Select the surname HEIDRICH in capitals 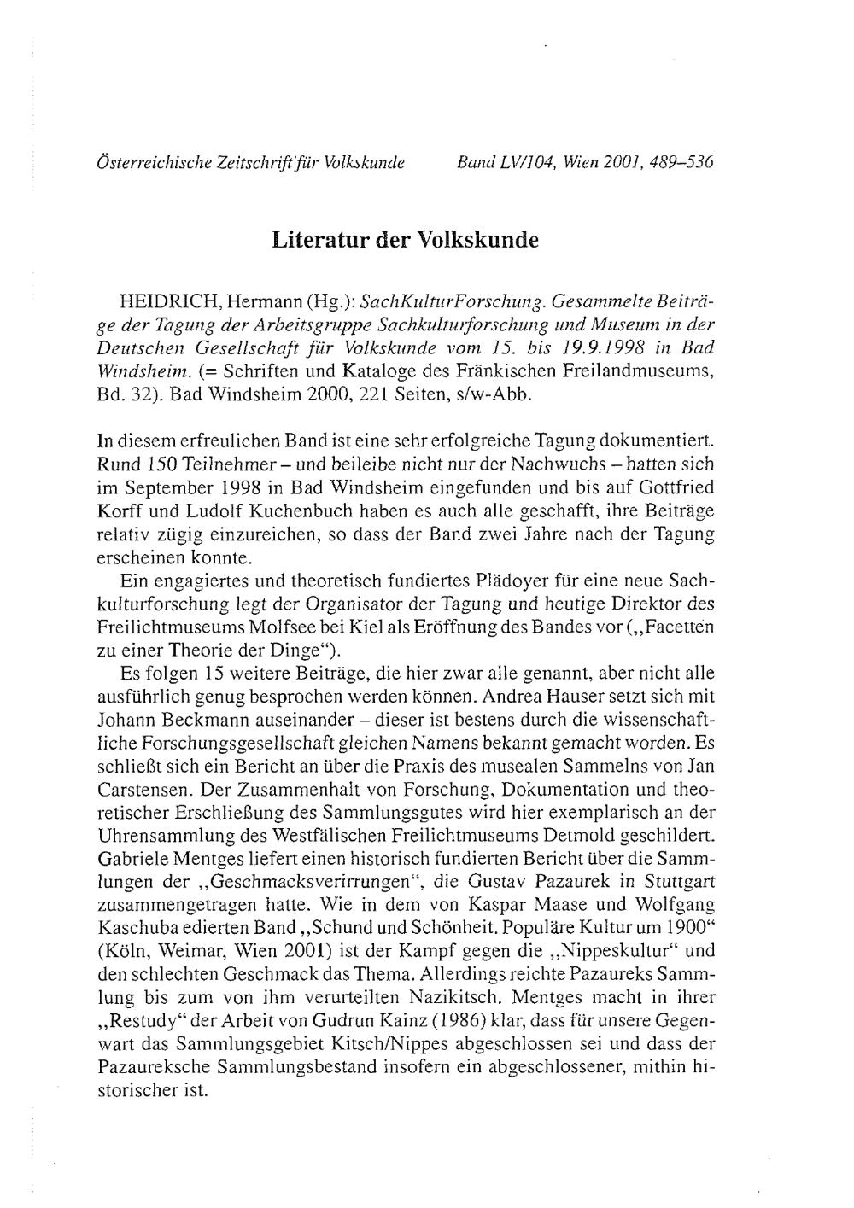[168, 302]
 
